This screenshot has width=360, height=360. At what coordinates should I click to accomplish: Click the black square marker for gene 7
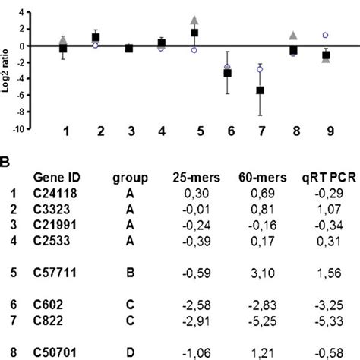(x=260, y=90)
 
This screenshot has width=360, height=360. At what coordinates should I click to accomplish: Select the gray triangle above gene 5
(x=194, y=19)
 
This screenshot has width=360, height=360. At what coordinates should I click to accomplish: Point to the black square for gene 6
(x=227, y=73)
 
